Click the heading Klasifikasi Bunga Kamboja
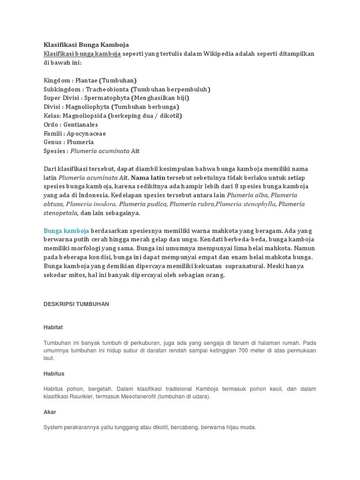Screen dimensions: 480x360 coord(86,45)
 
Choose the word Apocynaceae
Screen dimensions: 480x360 coord(86,134)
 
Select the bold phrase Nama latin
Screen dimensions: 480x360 coord(148,178)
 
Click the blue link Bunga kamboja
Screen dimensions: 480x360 coord(66,231)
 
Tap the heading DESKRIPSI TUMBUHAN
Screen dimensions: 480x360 coord(76,304)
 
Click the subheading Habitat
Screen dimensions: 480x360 coord(53,327)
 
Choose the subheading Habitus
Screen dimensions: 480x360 coord(54,374)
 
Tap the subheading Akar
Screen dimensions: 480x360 coord(50,412)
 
